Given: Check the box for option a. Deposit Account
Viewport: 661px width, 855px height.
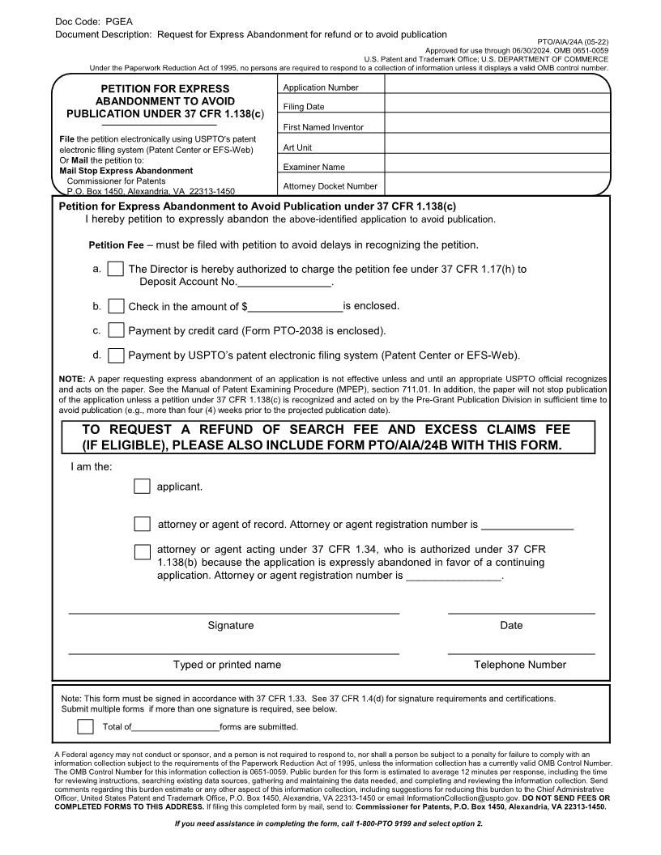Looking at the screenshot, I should (x=116, y=269).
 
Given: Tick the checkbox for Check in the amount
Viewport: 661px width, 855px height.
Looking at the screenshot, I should (x=116, y=306).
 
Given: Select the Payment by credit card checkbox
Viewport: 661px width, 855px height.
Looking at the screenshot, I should (x=116, y=330).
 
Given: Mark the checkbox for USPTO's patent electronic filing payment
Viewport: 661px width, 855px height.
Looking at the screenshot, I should (x=116, y=355).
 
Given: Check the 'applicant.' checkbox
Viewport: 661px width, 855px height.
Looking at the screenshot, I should (x=142, y=486).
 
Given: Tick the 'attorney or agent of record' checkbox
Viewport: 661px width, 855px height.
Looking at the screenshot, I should (x=142, y=524).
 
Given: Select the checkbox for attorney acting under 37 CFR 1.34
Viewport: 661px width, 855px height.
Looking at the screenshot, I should (x=142, y=551).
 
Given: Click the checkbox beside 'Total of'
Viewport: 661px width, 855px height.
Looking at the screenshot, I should (x=85, y=726).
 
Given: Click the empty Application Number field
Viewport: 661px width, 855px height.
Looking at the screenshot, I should (x=497, y=86).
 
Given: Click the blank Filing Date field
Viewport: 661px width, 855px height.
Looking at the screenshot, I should (x=497, y=105).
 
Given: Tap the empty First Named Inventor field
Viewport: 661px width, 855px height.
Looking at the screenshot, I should (x=497, y=125).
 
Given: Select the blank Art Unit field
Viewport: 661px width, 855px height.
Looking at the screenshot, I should (x=497, y=146).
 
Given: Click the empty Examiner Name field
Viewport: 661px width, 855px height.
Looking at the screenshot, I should (x=497, y=165).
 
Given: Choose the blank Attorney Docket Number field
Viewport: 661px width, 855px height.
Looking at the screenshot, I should (x=497, y=185).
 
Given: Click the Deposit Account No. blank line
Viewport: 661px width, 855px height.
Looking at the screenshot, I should (x=284, y=282).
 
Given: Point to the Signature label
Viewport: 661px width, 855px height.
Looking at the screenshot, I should (x=231, y=625).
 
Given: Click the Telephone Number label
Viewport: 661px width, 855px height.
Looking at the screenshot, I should (x=520, y=665).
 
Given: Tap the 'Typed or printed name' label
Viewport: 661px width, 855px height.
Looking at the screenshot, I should (x=227, y=665).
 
